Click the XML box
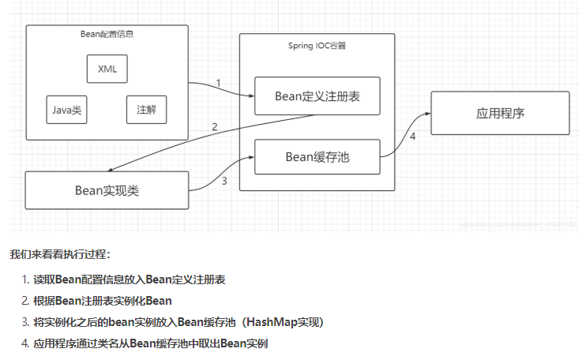tap(107, 69)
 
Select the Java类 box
tap(66, 110)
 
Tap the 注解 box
tap(146, 110)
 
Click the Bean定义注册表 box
tap(317, 96)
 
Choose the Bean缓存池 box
tap(317, 157)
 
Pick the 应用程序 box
tap(500, 113)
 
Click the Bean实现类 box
tap(107, 190)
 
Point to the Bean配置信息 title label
tap(107, 35)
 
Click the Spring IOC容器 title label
tap(317, 46)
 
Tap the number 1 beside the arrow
tap(219, 83)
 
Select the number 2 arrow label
tap(214, 127)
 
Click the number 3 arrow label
tap(224, 182)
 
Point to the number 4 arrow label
tap(411, 137)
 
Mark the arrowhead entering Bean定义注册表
tap(250, 96)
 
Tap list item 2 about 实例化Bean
tap(102, 301)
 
